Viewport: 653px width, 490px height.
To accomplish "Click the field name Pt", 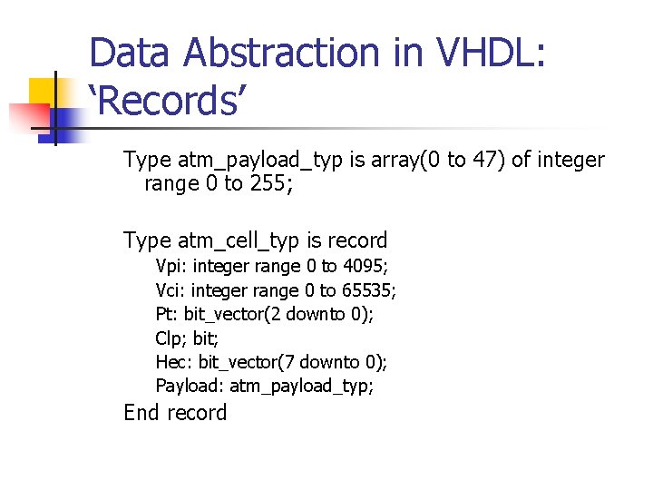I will coord(166,314).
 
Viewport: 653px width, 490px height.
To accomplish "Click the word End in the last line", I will coord(143,413).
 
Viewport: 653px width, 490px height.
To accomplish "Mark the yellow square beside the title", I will coord(45,93).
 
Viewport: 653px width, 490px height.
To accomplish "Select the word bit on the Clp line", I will coord(204,338).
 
